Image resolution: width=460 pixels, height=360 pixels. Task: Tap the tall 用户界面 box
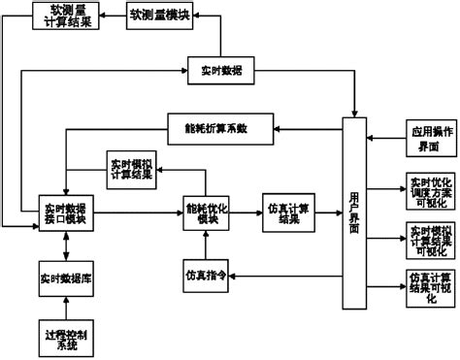[x=354, y=212]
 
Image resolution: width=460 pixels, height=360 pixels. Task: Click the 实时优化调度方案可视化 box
[x=428, y=188]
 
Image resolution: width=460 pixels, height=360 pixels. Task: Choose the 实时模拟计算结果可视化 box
[x=428, y=237]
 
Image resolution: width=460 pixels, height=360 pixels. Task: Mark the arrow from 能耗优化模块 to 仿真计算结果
[x=244, y=213]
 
